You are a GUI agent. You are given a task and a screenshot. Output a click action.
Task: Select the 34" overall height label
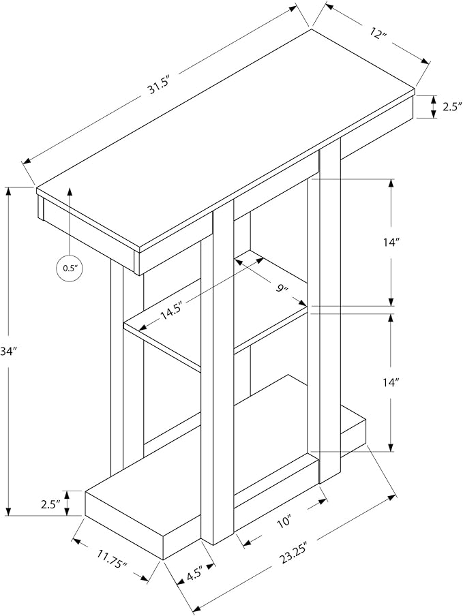point(7,352)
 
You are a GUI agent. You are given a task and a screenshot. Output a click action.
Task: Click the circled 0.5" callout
point(71,268)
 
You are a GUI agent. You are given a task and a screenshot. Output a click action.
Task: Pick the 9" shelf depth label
point(282,289)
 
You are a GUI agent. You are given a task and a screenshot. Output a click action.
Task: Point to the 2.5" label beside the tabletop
point(451,107)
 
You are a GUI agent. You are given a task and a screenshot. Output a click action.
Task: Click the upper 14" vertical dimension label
point(391,243)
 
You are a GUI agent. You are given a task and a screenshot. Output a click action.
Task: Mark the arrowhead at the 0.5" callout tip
point(70,191)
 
